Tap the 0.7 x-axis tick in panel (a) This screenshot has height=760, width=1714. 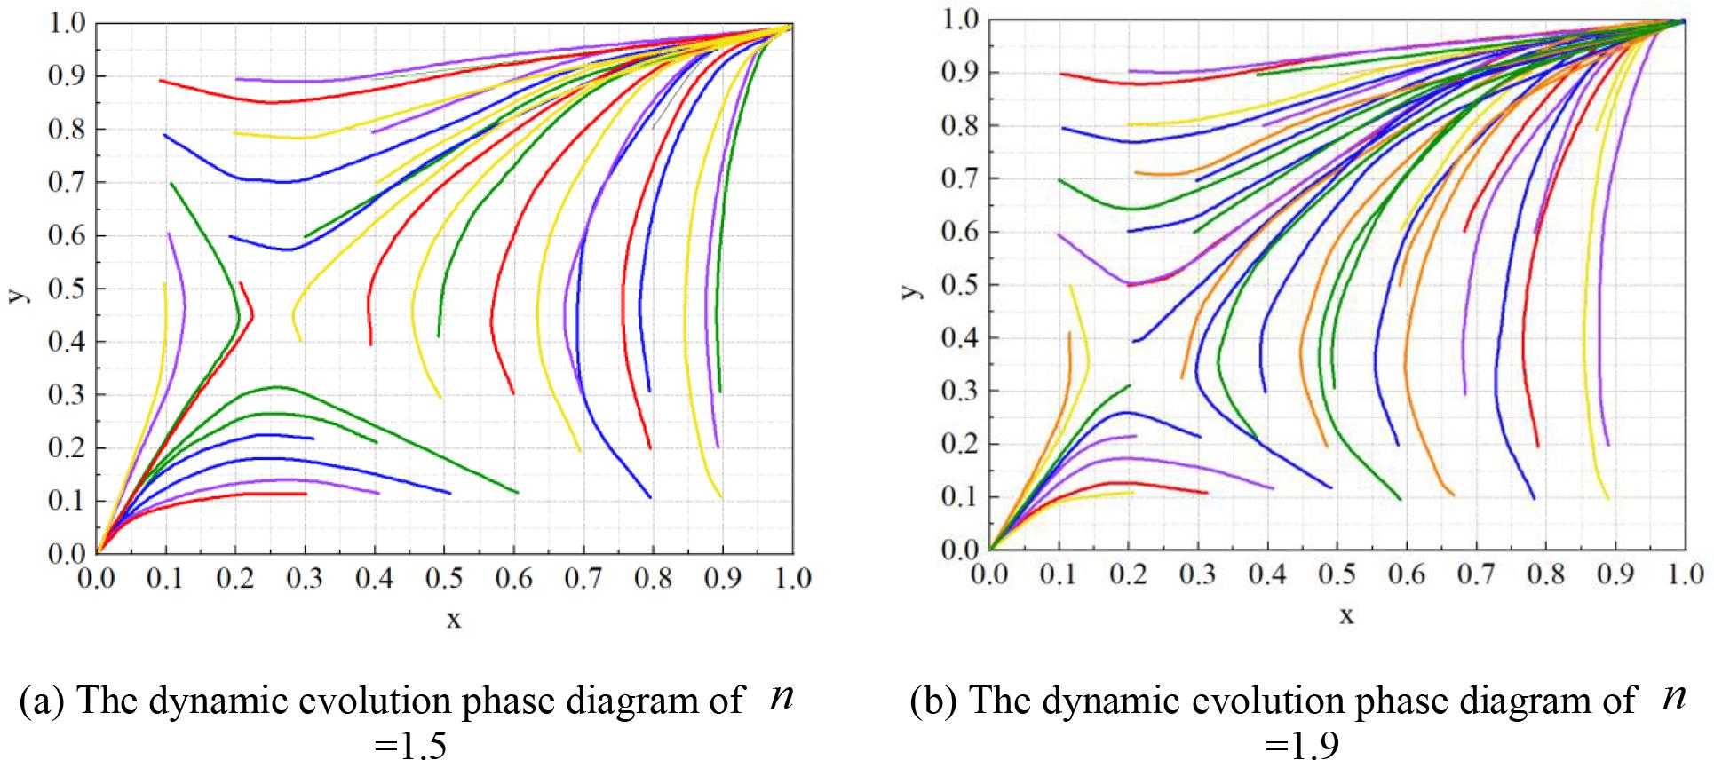coord(583,579)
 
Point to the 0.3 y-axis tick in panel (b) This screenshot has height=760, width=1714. coord(958,392)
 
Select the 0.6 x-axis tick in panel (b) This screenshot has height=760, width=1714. coord(1406,574)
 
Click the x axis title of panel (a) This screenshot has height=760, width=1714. coord(453,619)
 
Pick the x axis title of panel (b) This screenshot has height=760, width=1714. coord(1346,614)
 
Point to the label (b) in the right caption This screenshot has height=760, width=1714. coord(935,701)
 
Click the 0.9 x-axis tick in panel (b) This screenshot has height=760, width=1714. coord(1615,574)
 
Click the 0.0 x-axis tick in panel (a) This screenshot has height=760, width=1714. coord(97,579)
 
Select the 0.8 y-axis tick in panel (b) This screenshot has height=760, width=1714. coord(958,125)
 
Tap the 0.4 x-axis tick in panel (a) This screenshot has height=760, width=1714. coord(375,579)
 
